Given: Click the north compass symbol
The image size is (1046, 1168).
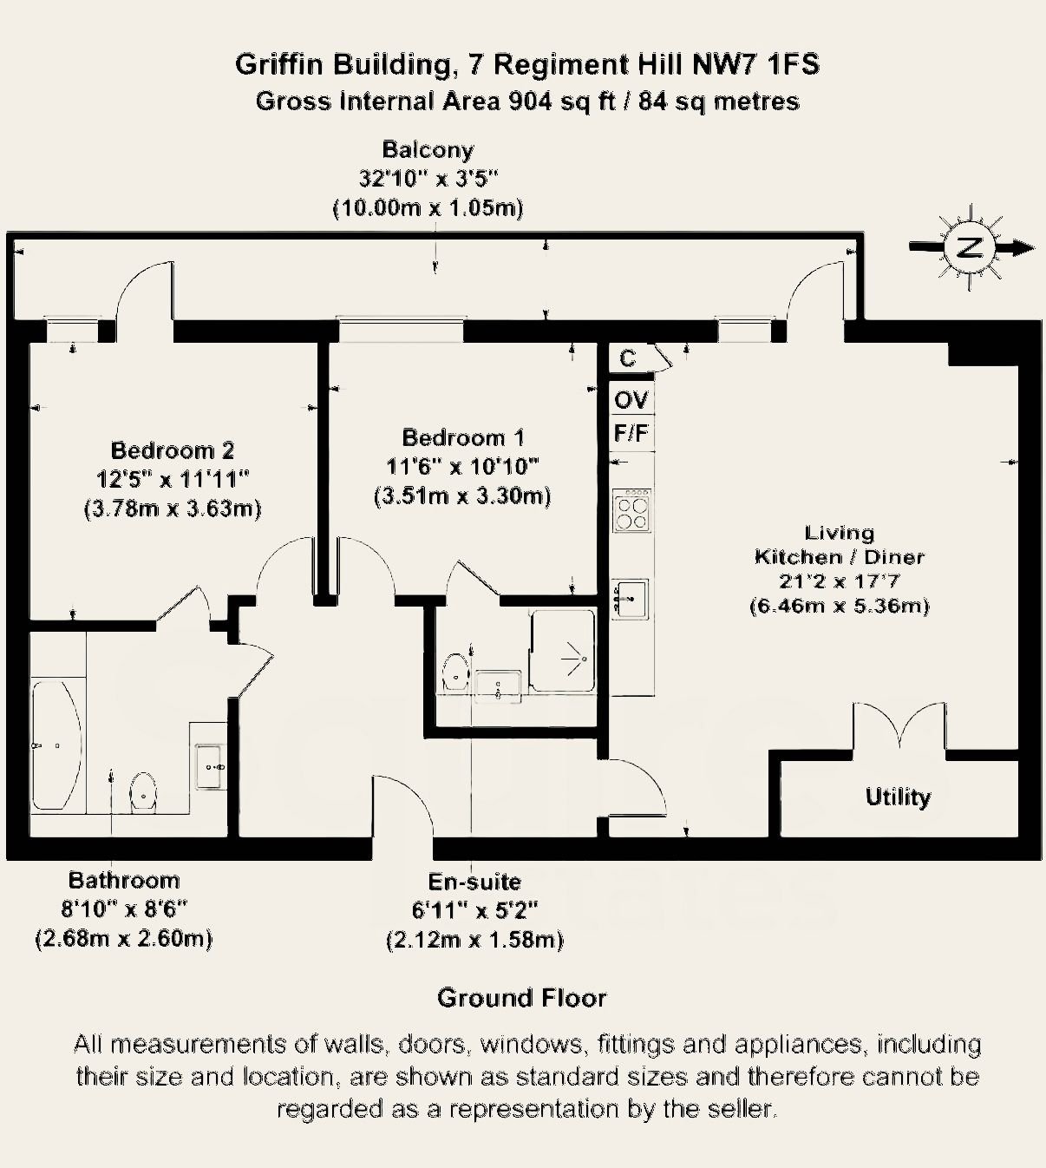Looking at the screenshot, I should [969, 247].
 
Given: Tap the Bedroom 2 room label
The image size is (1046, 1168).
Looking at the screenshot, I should [172, 450].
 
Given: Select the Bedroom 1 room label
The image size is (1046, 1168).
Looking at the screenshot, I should [462, 437].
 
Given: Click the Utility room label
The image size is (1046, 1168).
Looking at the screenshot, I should [898, 797].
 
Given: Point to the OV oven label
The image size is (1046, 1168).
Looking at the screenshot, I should [631, 400].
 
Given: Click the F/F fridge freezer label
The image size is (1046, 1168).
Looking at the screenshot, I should [631, 433].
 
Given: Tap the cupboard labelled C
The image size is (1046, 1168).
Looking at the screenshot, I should [628, 358].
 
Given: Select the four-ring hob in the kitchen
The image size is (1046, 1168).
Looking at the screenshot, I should [632, 510].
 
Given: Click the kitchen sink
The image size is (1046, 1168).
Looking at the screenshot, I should [631, 599].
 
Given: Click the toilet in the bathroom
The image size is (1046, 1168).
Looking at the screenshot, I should [143, 791].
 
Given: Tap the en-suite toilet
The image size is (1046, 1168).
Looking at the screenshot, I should [455, 671].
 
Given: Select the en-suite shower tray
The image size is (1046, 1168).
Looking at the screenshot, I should [564, 651].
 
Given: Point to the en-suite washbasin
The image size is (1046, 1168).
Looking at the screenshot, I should [498, 685].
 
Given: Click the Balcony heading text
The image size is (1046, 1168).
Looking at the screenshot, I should [428, 149].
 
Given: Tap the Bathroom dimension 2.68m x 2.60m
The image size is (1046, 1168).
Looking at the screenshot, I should [124, 938].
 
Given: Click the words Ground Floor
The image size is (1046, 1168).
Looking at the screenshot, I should [521, 998].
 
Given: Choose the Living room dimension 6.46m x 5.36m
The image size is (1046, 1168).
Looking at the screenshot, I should [839, 606].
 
